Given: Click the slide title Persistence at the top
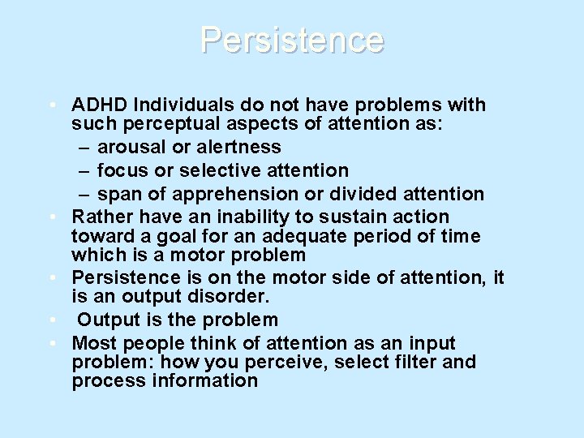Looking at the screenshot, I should (292, 40).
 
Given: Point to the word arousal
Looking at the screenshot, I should (128, 148).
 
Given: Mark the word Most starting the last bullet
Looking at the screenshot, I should (93, 344).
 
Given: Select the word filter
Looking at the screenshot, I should (389, 362).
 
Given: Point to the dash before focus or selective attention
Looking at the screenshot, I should (84, 171).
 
